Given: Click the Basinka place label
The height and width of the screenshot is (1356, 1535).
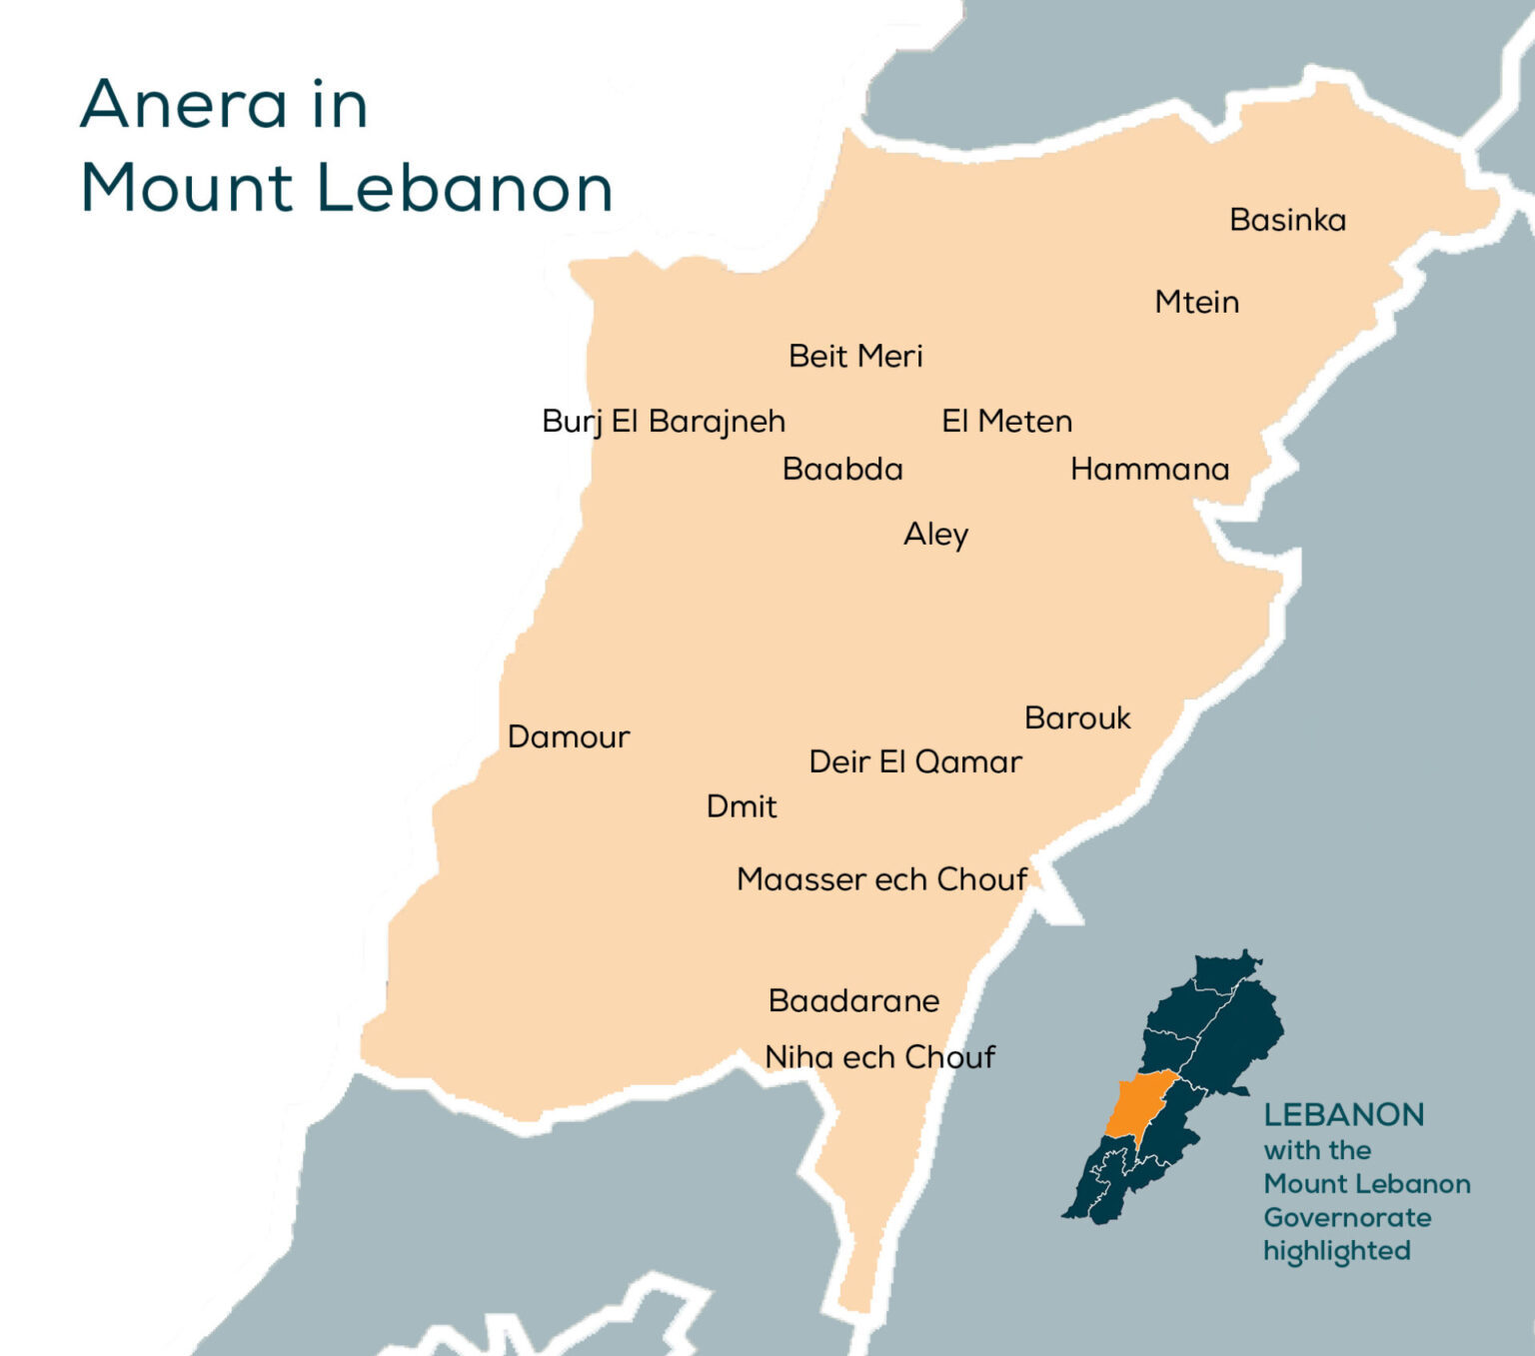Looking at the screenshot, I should tap(1287, 220).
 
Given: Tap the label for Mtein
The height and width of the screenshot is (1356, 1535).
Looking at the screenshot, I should tap(1196, 302).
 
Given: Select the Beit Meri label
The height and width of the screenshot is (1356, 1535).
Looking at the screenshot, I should tap(855, 356).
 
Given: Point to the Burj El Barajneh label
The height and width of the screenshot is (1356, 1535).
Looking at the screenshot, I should tap(664, 422).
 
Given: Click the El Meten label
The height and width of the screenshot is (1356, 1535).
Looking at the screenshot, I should tap(1006, 422).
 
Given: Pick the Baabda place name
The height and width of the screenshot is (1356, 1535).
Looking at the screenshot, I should tap(842, 469).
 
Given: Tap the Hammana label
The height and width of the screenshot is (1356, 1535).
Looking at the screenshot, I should tap(1149, 469).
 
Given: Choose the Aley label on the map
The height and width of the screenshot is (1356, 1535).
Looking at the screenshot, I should tap(935, 535).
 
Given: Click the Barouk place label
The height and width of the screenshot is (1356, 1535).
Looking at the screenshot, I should tap(1077, 717).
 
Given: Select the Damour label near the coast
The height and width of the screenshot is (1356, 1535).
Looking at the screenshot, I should tap(569, 737).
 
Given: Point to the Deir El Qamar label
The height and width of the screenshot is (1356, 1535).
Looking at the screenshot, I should tap(915, 762).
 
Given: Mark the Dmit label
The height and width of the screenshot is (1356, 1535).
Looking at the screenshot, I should tap(741, 806).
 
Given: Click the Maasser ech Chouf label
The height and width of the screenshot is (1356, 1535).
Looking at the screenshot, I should tap(881, 879).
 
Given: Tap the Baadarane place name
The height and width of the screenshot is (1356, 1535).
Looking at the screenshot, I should tap(853, 1000).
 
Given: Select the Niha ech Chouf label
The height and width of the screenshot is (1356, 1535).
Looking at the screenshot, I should tap(879, 1057).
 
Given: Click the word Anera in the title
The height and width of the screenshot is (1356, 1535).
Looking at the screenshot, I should tap(183, 104).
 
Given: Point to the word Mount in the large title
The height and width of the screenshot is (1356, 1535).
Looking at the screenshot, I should tap(187, 188).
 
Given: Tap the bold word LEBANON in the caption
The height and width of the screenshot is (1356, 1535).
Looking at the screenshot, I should tap(1343, 1114).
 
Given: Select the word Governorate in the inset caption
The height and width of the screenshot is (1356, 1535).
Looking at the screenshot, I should tap(1347, 1217).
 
